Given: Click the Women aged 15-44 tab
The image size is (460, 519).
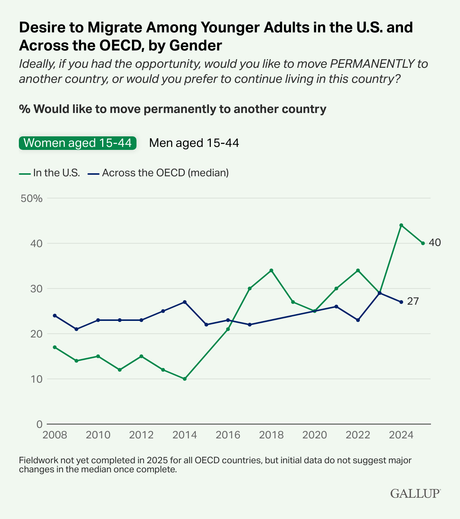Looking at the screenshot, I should [x=78, y=143].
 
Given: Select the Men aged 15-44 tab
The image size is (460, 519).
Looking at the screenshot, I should [x=194, y=143].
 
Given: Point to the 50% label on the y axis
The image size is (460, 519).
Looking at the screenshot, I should [x=32, y=198].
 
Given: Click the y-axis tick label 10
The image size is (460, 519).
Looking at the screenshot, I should [x=37, y=379].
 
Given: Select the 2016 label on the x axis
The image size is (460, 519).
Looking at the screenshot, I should [x=228, y=435].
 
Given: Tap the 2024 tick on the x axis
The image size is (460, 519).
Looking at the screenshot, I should [x=401, y=435].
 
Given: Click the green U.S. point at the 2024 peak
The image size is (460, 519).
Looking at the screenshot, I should [x=401, y=225].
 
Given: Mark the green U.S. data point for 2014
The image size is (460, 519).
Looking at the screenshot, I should [x=185, y=379].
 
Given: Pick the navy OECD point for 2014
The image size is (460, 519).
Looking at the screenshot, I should [x=185, y=302].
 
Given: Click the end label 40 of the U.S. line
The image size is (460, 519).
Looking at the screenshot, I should [x=434, y=243].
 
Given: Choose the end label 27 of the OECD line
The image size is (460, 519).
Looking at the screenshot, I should [x=413, y=301].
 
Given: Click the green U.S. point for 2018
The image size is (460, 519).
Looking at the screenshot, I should [x=271, y=270].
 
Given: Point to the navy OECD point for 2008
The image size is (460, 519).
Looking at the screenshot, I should [x=55, y=316].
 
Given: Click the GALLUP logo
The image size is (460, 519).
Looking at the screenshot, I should [x=415, y=493].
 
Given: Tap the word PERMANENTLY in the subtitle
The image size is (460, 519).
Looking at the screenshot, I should [x=371, y=64].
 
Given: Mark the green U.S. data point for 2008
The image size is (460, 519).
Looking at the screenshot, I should [x=55, y=347].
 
